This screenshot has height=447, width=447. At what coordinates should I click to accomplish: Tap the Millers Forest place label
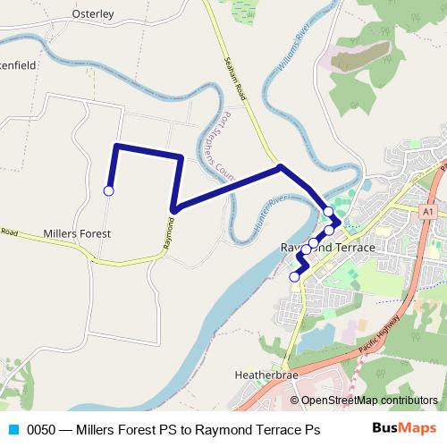tap(77, 233)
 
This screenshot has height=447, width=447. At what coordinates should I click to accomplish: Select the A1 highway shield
tap(429, 211)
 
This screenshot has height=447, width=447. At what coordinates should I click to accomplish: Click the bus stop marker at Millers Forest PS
tap(109, 190)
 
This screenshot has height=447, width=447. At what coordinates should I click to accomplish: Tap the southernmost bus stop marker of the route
tap(294, 276)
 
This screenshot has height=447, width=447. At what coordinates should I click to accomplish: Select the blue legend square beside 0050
tap(12, 429)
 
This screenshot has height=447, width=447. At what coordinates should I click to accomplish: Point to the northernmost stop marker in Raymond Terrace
tap(328, 212)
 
